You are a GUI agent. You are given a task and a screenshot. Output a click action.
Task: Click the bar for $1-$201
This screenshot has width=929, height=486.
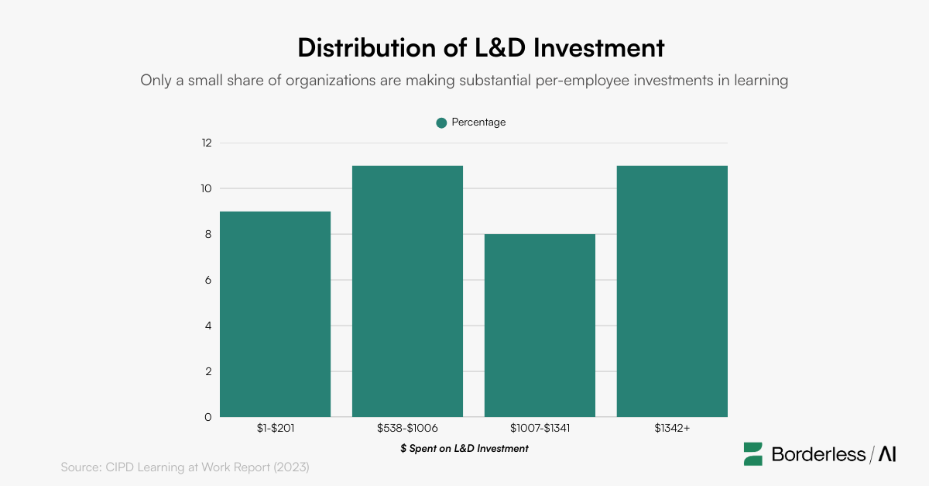point(275,314)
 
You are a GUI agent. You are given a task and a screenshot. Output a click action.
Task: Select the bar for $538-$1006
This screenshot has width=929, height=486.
point(407,291)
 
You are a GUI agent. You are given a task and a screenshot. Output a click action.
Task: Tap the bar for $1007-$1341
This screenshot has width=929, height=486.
point(540,326)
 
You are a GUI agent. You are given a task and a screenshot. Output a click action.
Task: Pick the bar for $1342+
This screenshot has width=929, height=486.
point(672,291)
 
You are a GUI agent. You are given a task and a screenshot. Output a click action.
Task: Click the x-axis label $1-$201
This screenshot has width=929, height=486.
point(275,427)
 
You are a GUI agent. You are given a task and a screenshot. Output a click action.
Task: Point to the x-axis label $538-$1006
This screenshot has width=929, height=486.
point(407,427)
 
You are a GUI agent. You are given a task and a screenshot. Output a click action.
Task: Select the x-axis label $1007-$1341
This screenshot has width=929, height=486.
point(540,427)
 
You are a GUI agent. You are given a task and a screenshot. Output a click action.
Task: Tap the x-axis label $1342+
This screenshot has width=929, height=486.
point(672,427)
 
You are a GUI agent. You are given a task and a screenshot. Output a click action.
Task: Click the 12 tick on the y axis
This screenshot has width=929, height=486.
point(206,143)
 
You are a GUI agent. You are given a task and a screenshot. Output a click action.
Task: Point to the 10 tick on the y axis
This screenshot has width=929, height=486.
point(206,188)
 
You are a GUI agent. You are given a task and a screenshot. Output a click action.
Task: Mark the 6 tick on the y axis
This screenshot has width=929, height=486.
point(207,280)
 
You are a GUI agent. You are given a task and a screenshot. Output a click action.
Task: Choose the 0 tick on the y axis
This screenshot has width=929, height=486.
point(207,417)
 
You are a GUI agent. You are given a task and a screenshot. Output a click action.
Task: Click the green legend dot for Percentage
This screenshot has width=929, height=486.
point(441,122)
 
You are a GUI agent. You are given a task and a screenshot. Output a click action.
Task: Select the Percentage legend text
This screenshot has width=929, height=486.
point(478,122)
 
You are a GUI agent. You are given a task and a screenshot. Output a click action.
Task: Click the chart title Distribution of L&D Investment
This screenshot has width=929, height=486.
point(481,48)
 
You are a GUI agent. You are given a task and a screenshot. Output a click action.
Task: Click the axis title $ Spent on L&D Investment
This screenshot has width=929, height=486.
point(464,448)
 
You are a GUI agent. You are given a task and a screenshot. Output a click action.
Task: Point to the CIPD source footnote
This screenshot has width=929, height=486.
point(185,467)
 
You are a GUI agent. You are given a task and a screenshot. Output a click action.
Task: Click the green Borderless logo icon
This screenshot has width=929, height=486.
point(753,454)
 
